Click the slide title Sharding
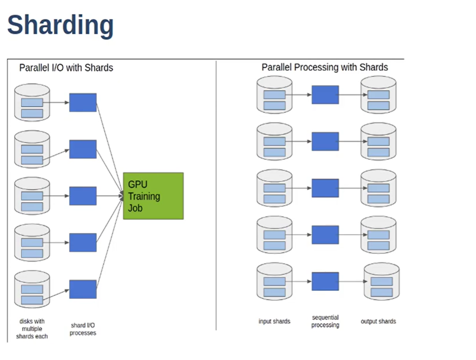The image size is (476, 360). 60,25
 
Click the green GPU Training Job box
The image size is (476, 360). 153,196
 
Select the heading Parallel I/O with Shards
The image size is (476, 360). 66,68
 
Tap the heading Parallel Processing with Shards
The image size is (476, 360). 325,67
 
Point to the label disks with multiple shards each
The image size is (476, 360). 32,328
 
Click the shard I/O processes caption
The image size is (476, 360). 83,329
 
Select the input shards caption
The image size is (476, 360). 274,321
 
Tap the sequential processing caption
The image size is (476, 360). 325,321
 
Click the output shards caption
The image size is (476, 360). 378,321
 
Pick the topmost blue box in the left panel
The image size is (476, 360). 83,102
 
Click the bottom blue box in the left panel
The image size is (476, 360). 83,289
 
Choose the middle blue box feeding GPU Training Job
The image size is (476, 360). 83,196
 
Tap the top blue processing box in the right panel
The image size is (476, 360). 325,94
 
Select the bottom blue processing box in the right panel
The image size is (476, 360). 325,281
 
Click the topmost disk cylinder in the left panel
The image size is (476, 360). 32,102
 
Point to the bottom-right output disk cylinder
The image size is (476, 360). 382,282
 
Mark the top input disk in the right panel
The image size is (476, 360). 274,95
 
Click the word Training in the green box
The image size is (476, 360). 144,196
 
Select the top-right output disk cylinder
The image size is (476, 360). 378,95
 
